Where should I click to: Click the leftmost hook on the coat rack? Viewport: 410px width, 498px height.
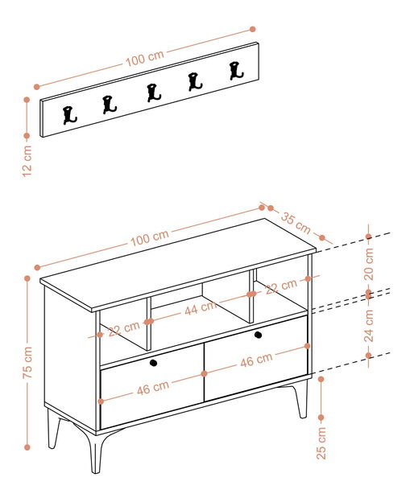tap(69, 115)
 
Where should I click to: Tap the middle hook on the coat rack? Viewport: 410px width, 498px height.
tap(154, 93)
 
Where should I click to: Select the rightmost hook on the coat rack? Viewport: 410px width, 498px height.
tap(236, 71)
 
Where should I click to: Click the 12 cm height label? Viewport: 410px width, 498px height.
tap(27, 161)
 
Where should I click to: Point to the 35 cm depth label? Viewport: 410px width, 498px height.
tap(296, 224)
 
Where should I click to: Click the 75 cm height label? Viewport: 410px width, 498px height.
tap(27, 362)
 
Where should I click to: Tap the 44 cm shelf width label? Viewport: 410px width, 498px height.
tap(201, 308)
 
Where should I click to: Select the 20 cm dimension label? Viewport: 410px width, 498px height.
tap(369, 264)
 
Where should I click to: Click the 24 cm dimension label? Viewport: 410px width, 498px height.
tap(369, 326)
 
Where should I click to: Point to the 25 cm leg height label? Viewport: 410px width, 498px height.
tap(321, 443)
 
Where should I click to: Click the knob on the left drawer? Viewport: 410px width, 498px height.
tap(153, 363)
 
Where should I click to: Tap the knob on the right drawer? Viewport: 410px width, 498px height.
tap(258, 335)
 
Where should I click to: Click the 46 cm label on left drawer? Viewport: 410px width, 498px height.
tap(153, 388)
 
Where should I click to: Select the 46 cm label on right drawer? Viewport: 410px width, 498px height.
tap(256, 360)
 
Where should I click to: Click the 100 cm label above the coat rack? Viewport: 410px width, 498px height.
tap(145, 59)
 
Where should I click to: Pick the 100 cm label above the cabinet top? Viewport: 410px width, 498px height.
tap(150, 238)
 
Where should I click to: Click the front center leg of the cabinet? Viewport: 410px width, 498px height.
tap(94, 451)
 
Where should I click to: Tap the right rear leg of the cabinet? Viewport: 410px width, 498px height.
tap(301, 398)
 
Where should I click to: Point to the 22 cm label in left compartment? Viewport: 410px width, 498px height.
tap(124, 329)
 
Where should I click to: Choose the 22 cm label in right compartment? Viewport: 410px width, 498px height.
tap(281, 286)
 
